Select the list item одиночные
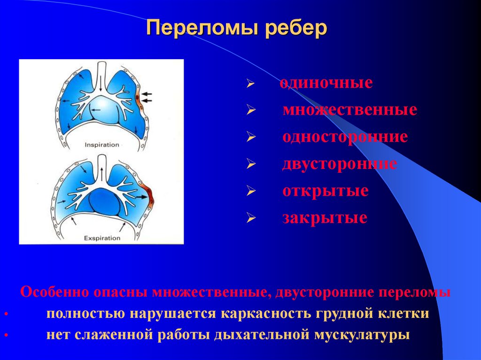pos(326,84)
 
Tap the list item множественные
pos(349,110)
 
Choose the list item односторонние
pos(345,137)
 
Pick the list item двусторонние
pos(340,164)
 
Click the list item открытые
pos(325,191)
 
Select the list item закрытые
pos(325,218)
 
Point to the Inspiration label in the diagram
pos(101,145)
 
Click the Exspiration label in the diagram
pos(102,238)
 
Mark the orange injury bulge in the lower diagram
pos(150,195)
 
